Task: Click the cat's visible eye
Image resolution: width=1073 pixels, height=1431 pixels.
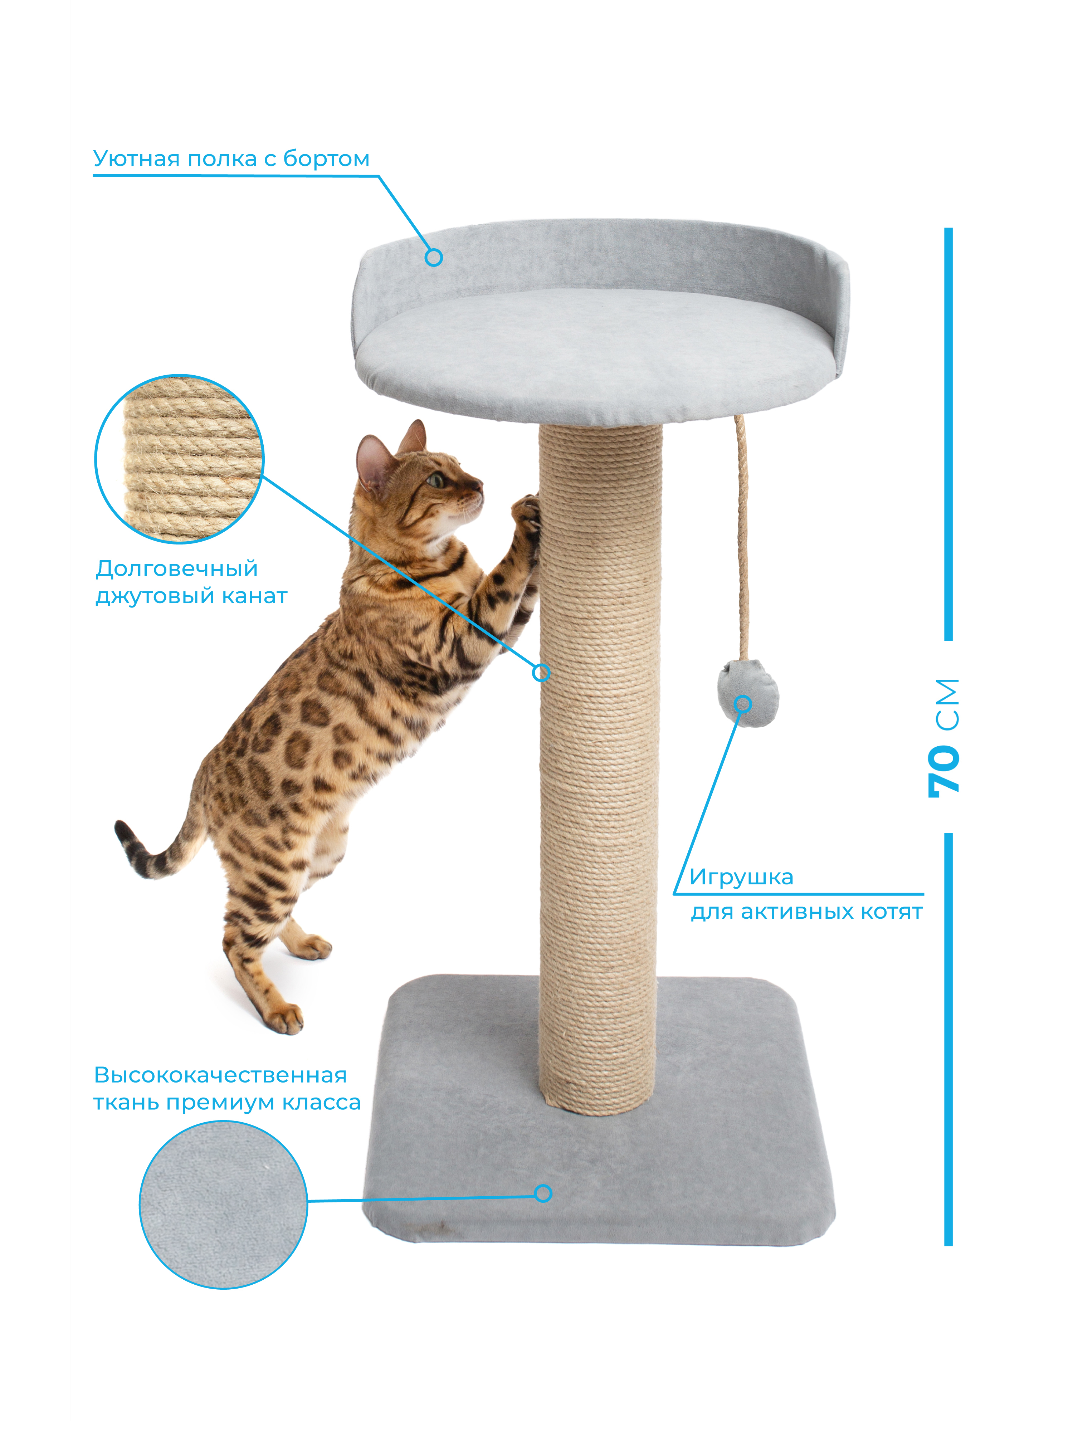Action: (x=436, y=480)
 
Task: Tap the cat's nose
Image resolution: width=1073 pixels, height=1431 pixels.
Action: (x=479, y=483)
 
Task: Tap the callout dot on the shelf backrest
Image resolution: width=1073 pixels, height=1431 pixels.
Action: (x=434, y=258)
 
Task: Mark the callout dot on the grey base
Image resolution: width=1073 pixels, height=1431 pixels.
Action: (x=543, y=1193)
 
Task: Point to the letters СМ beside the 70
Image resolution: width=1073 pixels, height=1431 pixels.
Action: (x=947, y=705)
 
